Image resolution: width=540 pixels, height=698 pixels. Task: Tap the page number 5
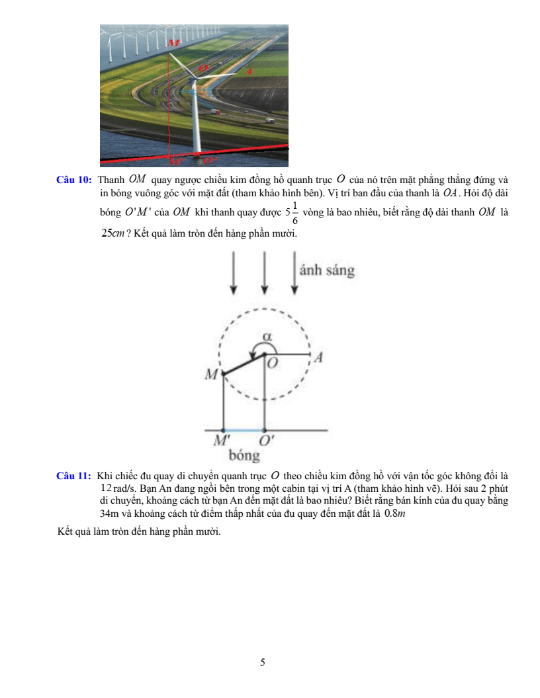point(263,662)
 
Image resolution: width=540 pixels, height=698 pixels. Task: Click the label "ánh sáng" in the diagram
point(327,270)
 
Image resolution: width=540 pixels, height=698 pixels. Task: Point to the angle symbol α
point(267,336)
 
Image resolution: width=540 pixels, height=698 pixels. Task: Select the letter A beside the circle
point(319,358)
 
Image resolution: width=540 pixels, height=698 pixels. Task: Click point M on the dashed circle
point(222,375)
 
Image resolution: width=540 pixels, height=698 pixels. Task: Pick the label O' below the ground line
point(267,440)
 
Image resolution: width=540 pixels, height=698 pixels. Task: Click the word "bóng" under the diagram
point(244,455)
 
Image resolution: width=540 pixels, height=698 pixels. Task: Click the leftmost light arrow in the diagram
point(233,272)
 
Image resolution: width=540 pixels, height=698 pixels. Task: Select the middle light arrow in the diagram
point(265,272)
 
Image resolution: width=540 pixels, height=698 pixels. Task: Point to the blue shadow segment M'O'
point(244,430)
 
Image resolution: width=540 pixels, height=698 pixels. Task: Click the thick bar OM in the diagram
point(243,365)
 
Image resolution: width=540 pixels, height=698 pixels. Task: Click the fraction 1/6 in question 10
point(294,213)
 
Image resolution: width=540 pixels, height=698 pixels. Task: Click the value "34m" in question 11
point(108,513)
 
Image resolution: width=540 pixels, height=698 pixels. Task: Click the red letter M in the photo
point(173,42)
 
